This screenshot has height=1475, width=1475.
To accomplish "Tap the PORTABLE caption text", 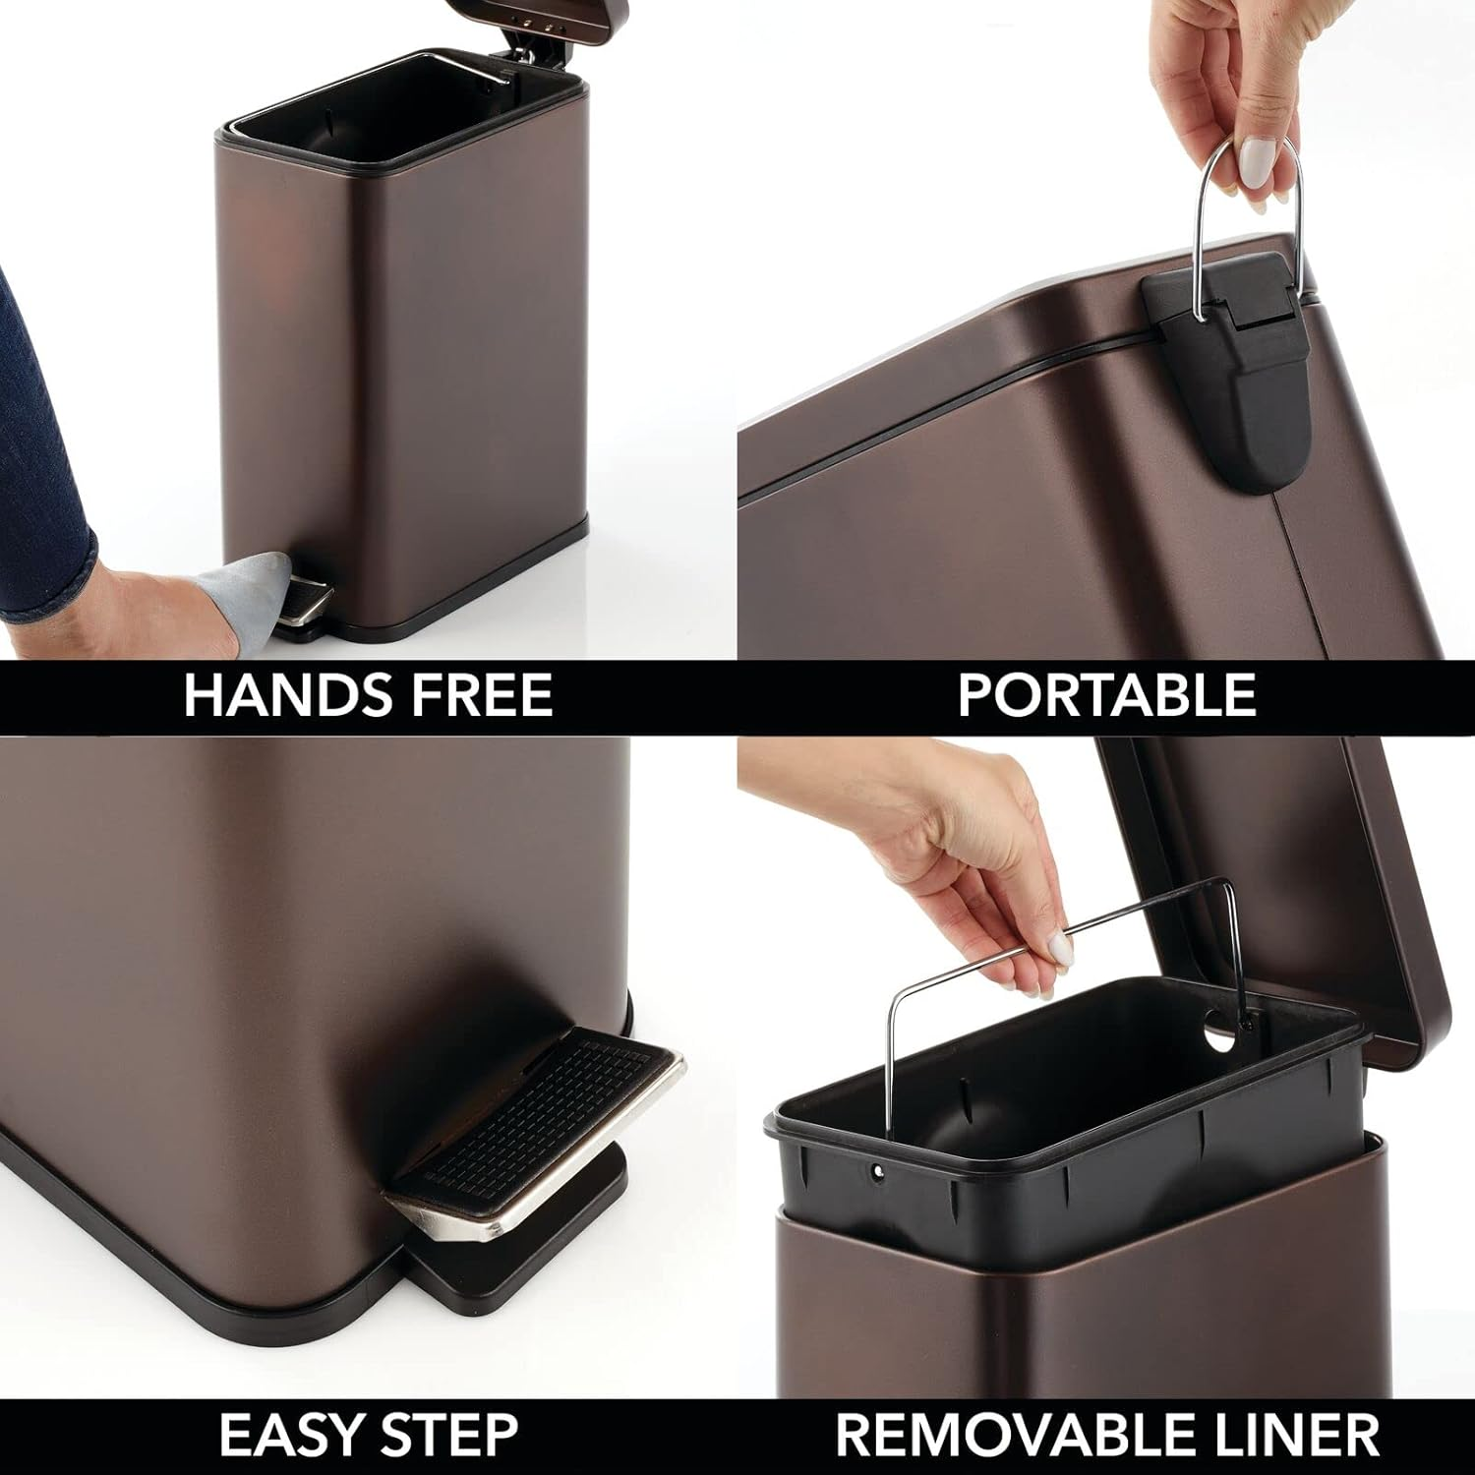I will (x=1106, y=696).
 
